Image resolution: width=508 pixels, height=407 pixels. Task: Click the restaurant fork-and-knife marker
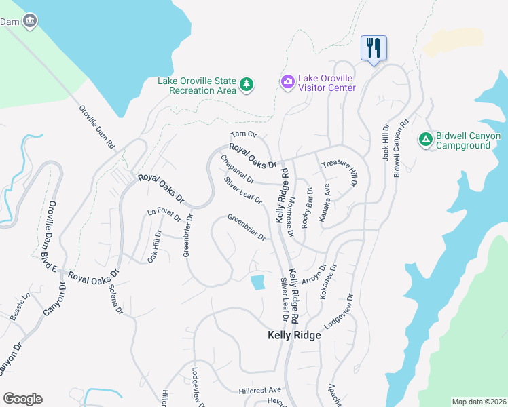[x=373, y=47]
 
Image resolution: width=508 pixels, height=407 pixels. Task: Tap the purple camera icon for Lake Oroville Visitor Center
[x=287, y=82]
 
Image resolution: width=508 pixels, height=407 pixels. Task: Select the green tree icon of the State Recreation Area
[x=247, y=85]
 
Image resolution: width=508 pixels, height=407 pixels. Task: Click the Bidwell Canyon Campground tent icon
[x=426, y=139]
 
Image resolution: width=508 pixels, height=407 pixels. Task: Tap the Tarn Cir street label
[x=244, y=135]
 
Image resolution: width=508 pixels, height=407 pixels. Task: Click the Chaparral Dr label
[x=237, y=170]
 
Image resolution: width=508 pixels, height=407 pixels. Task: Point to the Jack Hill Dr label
[x=385, y=141]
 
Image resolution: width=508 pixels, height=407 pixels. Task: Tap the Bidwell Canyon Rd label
[x=401, y=148]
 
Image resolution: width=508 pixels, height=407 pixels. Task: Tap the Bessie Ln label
[x=20, y=307]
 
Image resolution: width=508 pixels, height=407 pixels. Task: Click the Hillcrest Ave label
[x=259, y=390]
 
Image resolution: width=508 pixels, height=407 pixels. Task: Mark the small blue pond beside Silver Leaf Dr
[x=257, y=282]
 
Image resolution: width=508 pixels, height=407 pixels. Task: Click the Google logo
[x=22, y=399]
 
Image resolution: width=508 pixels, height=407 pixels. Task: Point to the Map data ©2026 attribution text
[x=479, y=402]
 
